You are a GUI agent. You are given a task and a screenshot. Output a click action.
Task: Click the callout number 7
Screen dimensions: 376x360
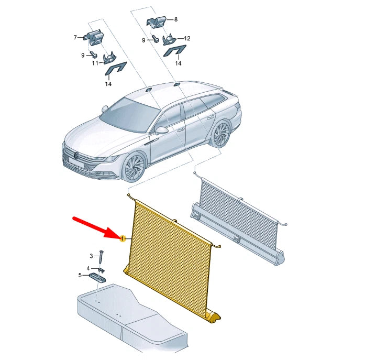click(x=75, y=37)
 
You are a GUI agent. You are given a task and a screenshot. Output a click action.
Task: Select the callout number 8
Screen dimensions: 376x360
click(x=176, y=19)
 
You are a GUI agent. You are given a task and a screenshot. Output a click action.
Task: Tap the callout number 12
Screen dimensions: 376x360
click(x=187, y=38)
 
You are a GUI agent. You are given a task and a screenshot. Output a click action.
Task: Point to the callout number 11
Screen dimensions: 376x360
click(x=95, y=63)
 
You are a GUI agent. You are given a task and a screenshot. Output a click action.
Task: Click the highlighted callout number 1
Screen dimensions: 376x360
click(x=123, y=239)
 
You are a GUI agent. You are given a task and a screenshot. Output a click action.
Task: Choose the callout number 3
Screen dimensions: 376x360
click(x=91, y=256)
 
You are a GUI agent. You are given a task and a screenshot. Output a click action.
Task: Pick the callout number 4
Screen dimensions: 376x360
click(x=88, y=268)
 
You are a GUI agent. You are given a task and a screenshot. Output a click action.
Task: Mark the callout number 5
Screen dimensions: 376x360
click(x=80, y=275)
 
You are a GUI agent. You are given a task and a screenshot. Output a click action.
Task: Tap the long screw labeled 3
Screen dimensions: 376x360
click(x=101, y=257)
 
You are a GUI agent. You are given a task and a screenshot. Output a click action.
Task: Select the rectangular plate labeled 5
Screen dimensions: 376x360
click(x=98, y=277)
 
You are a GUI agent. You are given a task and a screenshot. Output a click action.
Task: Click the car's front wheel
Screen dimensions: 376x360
click(x=135, y=167)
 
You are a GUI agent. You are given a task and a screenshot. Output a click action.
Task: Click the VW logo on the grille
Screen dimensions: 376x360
click(x=76, y=156)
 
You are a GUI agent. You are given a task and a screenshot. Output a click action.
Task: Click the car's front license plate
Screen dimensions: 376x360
click(x=75, y=162)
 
